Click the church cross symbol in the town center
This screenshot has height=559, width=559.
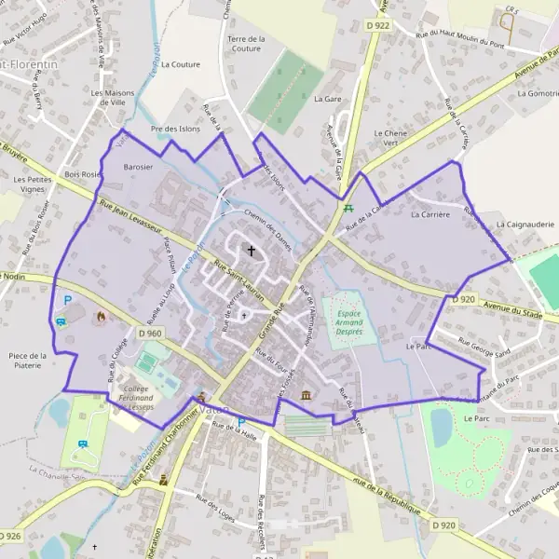[x=251, y=251]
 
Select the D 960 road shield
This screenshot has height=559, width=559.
[x=149, y=334]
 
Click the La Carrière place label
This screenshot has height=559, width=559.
[x=429, y=214]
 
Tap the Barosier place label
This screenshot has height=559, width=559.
[x=138, y=167]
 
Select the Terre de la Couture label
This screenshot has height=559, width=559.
[x=246, y=43]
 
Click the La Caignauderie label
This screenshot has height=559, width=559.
[x=525, y=225]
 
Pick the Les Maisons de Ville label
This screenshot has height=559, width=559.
[x=109, y=99]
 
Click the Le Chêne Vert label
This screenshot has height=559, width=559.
[x=390, y=138]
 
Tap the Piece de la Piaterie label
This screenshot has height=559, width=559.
[x=27, y=361]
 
